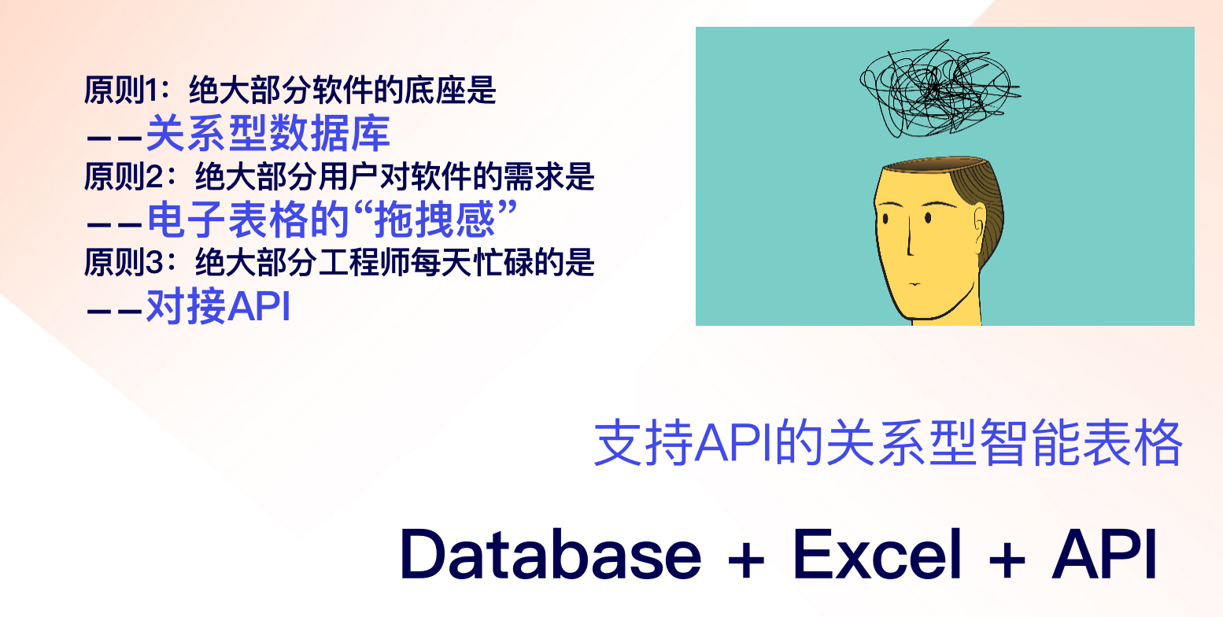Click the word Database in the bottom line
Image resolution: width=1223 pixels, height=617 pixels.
pos(551,554)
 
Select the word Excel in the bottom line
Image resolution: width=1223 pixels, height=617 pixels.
pos(877,554)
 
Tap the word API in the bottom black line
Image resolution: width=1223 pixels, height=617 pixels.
pos(1104,554)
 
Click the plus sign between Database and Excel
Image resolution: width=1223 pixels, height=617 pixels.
pos(746,559)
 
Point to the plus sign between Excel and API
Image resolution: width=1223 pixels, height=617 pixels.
pos(1007,559)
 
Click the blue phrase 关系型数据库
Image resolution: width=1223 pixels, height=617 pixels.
pos(268,133)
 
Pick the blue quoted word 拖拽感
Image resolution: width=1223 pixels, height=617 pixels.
pos(435,219)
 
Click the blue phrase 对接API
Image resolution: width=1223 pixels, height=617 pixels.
pos(218,306)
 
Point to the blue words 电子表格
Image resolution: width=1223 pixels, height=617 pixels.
pos(227,219)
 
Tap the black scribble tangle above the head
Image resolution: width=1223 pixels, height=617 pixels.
pos(939,88)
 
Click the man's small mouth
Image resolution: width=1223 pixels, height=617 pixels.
pos(915,284)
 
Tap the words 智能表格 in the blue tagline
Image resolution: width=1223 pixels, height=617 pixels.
pos(1081,442)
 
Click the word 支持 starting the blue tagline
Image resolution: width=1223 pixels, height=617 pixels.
pos(644,442)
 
